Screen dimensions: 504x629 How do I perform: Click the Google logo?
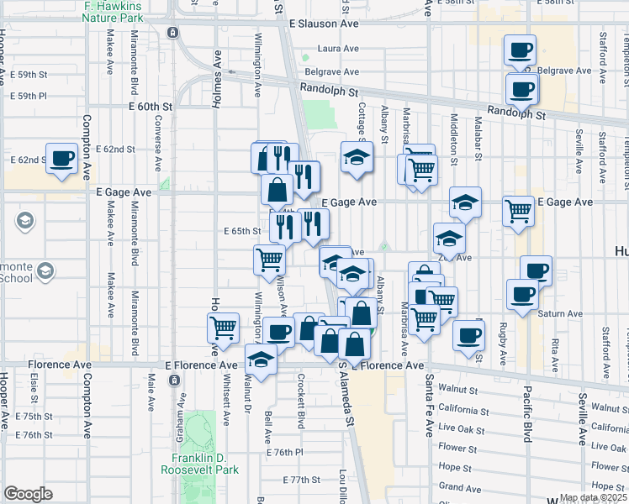28,494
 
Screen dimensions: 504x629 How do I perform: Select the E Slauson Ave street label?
323,24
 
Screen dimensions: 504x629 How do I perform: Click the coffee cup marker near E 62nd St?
62,158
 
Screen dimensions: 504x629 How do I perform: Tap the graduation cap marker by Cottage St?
356,157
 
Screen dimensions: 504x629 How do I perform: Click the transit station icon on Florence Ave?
174,380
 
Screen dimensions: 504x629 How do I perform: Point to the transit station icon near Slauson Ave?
172,33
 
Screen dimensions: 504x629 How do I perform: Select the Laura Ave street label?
338,49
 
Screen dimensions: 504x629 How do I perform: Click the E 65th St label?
244,231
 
